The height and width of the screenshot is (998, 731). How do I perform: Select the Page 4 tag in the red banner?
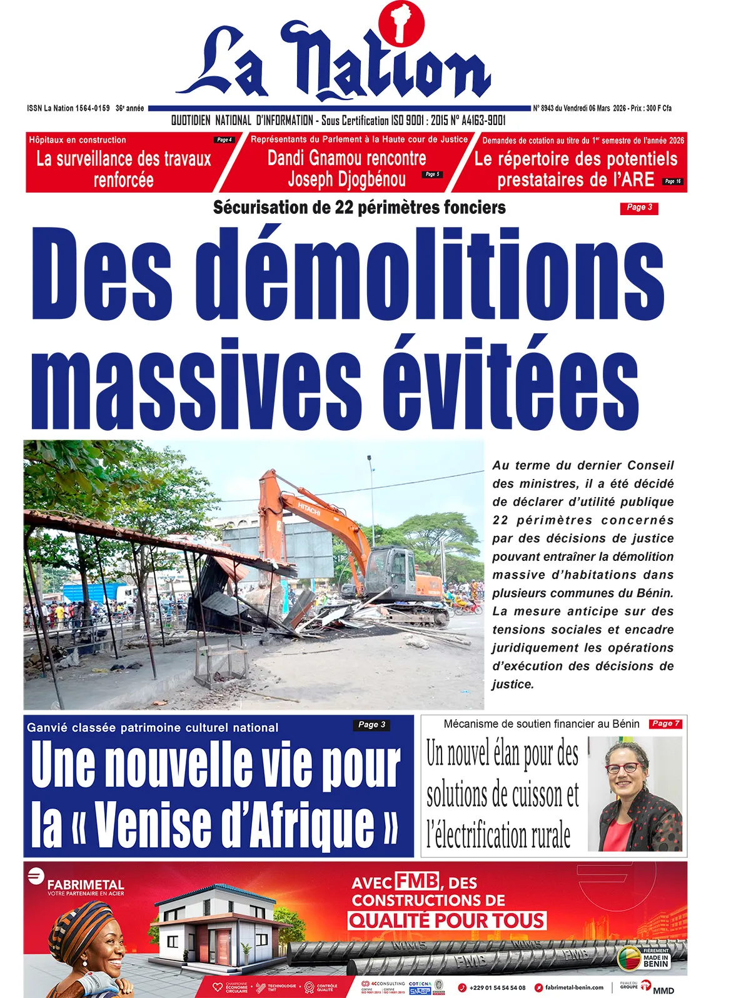click(x=223, y=140)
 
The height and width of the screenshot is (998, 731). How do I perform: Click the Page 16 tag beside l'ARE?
click(x=672, y=181)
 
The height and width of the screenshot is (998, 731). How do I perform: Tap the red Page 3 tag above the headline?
click(x=638, y=208)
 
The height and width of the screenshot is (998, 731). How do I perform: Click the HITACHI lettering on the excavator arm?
click(x=309, y=508)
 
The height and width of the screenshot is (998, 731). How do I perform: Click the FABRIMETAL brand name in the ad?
click(x=86, y=885)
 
